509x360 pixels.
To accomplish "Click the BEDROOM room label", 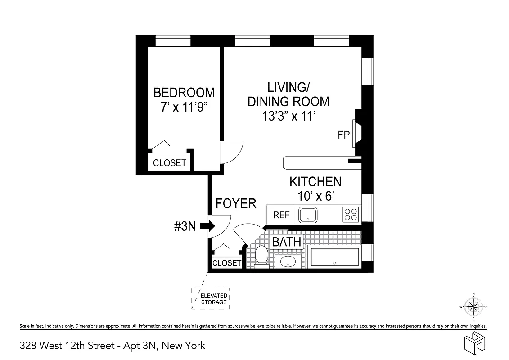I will [184, 93].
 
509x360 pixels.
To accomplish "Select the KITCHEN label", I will [315, 182].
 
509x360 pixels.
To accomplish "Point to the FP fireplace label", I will [343, 135].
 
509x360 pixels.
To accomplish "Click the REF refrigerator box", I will [281, 215].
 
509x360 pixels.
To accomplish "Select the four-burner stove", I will [351, 215].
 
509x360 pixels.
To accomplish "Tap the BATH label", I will [287, 242].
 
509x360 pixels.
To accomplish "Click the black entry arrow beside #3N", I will [207, 226].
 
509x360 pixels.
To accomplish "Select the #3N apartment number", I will [185, 226].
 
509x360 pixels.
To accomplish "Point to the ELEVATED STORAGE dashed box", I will [211, 299].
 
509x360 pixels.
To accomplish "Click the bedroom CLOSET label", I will [170, 163].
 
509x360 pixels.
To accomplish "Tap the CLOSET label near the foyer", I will [227, 263].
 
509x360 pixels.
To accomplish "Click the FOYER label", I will [236, 203].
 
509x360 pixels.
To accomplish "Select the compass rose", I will [473, 307].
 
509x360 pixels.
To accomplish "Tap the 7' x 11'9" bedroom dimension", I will [184, 108].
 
